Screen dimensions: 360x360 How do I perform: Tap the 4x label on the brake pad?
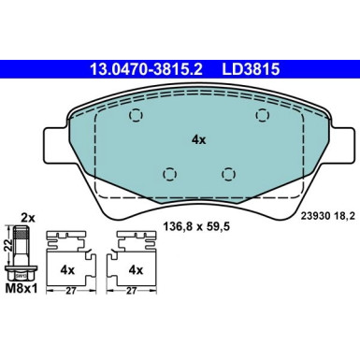click(197, 139)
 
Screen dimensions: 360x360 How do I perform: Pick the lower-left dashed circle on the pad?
click(168, 173)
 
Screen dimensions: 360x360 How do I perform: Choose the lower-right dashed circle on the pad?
click(227, 173)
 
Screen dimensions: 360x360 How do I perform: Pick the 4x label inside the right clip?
click(137, 268)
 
